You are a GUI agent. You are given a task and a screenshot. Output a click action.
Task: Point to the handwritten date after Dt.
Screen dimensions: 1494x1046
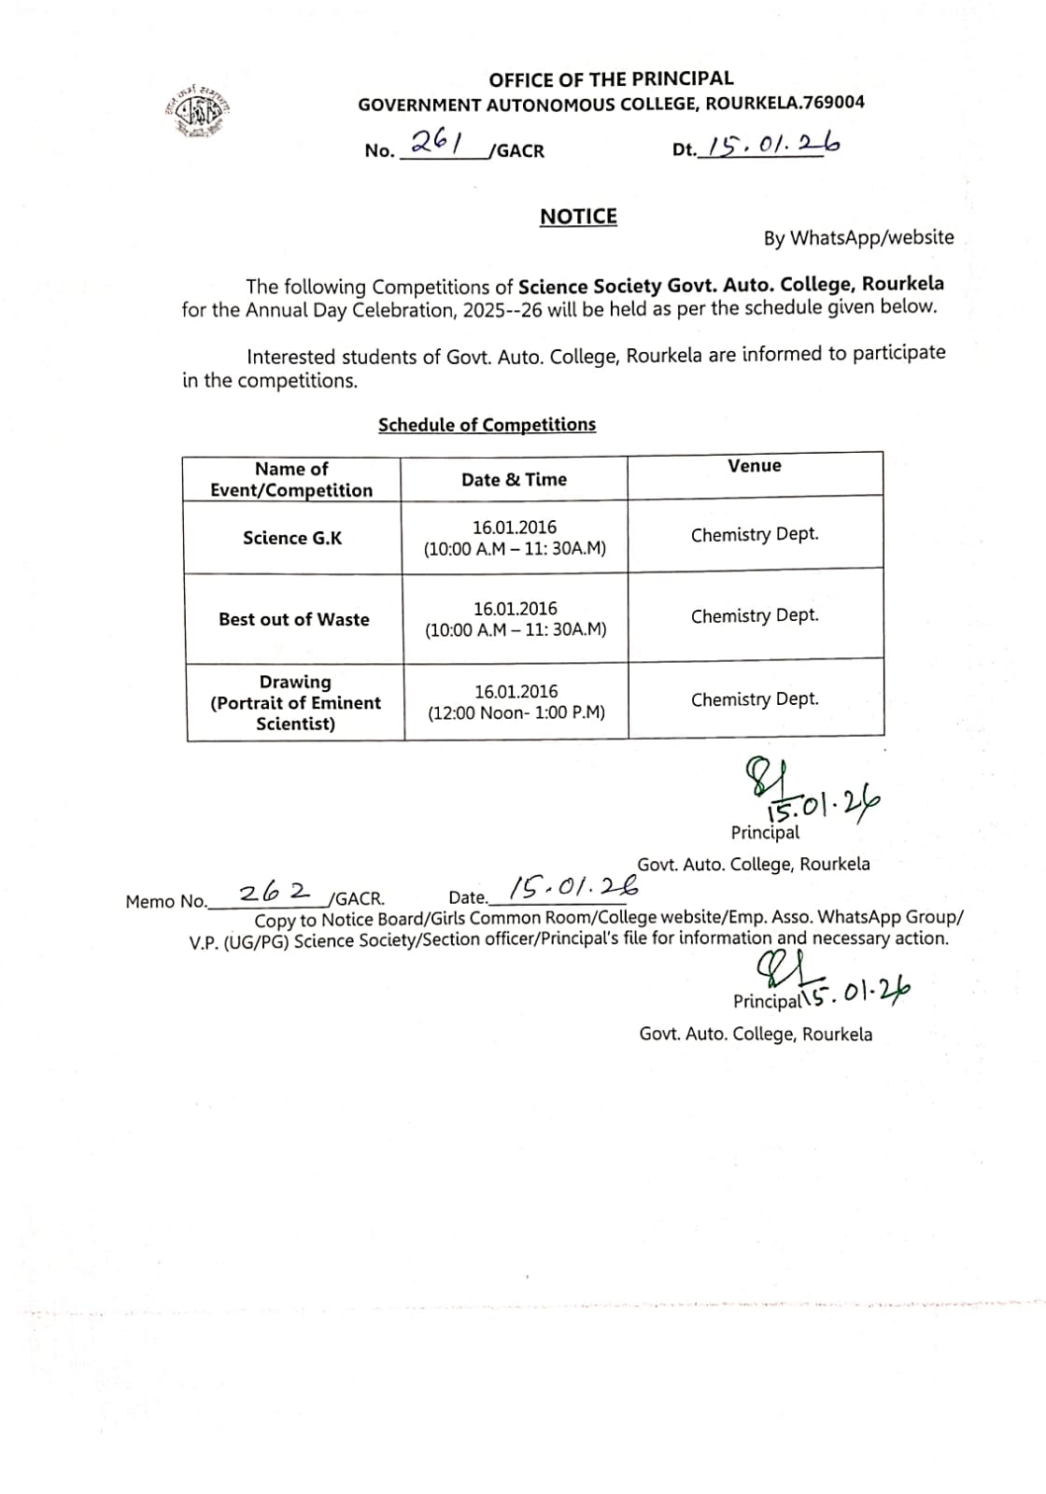772,144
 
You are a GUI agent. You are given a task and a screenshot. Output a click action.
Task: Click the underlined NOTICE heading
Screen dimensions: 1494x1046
578,217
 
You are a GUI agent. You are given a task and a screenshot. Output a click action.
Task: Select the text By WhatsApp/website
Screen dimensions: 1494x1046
858,238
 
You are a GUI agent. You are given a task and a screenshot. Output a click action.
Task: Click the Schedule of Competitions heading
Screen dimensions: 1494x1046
487,425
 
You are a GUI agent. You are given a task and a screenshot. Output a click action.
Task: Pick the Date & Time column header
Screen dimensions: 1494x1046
514,480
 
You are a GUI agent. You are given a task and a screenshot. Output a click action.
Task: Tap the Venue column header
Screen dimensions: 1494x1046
755,466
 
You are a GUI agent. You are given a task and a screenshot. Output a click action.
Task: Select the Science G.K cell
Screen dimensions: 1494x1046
292,538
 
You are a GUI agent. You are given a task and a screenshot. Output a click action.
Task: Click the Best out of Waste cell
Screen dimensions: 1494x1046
294,619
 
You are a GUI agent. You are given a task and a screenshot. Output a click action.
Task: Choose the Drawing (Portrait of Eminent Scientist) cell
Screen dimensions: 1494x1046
295,702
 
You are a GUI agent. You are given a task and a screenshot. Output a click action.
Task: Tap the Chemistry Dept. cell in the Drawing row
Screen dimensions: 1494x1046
755,699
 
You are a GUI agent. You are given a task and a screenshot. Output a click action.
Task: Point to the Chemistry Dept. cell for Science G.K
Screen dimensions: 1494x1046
755,535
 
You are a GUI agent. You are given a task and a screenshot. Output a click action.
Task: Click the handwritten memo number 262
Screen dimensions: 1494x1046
275,893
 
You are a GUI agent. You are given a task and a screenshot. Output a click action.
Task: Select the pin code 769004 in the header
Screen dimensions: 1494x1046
833,103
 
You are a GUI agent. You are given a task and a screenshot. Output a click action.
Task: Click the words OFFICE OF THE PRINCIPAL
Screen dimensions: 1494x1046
611,79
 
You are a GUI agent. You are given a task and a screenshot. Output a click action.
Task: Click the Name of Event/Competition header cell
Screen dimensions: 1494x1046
291,480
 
